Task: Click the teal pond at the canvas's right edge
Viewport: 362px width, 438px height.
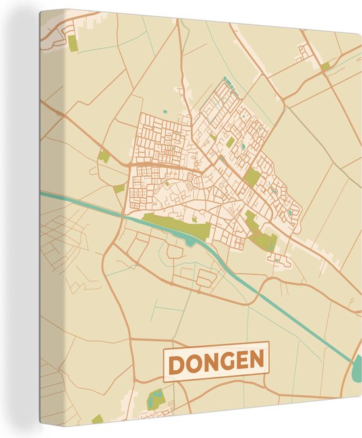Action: point(358,364)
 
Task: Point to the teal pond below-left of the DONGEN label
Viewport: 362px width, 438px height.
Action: point(156,397)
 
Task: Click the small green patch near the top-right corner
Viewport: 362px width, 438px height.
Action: point(325,66)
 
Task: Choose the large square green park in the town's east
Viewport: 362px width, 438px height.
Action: point(252,177)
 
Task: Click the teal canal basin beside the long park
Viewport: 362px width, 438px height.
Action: point(190,241)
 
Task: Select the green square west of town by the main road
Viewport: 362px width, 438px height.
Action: point(118,189)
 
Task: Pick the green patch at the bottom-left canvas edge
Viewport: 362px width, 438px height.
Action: point(97,419)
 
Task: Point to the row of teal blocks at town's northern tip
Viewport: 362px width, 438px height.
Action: point(227,82)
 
